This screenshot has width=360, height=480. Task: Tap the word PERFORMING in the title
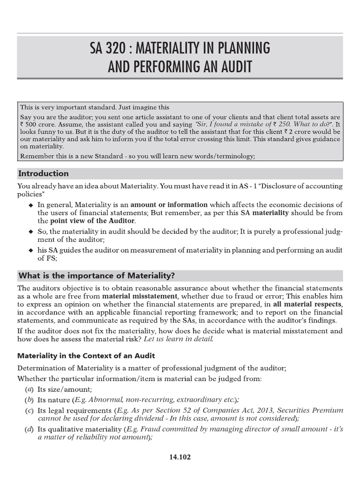click(x=170, y=67)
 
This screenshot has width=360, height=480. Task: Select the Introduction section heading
click(x=43, y=173)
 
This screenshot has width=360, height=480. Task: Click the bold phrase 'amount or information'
click(x=169, y=204)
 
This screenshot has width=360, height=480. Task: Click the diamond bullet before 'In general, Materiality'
click(x=31, y=205)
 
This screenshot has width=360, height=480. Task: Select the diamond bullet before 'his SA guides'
click(x=31, y=250)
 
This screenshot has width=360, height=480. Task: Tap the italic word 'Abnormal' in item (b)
click(x=106, y=399)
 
